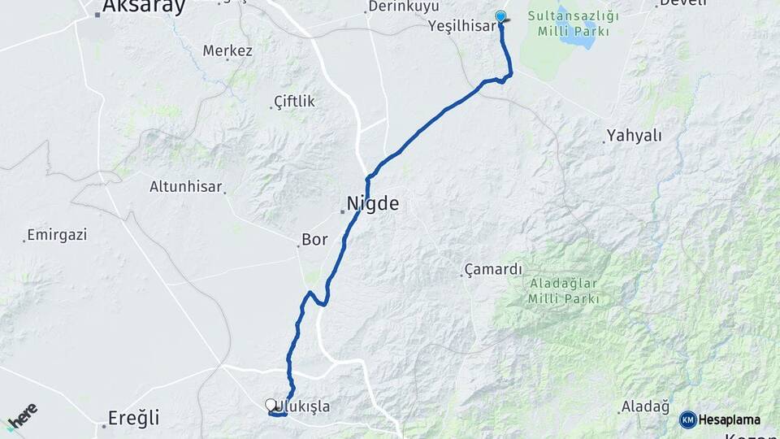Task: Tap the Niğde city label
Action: [373, 203]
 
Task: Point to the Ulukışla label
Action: [303, 406]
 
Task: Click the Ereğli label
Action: [133, 419]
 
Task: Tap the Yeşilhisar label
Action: [461, 26]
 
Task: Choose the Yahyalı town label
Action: [635, 136]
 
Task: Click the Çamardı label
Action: [493, 270]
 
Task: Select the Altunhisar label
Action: [185, 187]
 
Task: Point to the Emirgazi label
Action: [57, 235]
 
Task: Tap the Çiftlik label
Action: [294, 102]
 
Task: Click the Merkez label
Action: [227, 51]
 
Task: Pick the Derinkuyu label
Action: [403, 7]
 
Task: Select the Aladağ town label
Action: [644, 406]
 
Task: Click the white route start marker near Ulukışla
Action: [271, 404]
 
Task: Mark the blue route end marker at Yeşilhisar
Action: [500, 15]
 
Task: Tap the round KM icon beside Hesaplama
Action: [687, 419]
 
